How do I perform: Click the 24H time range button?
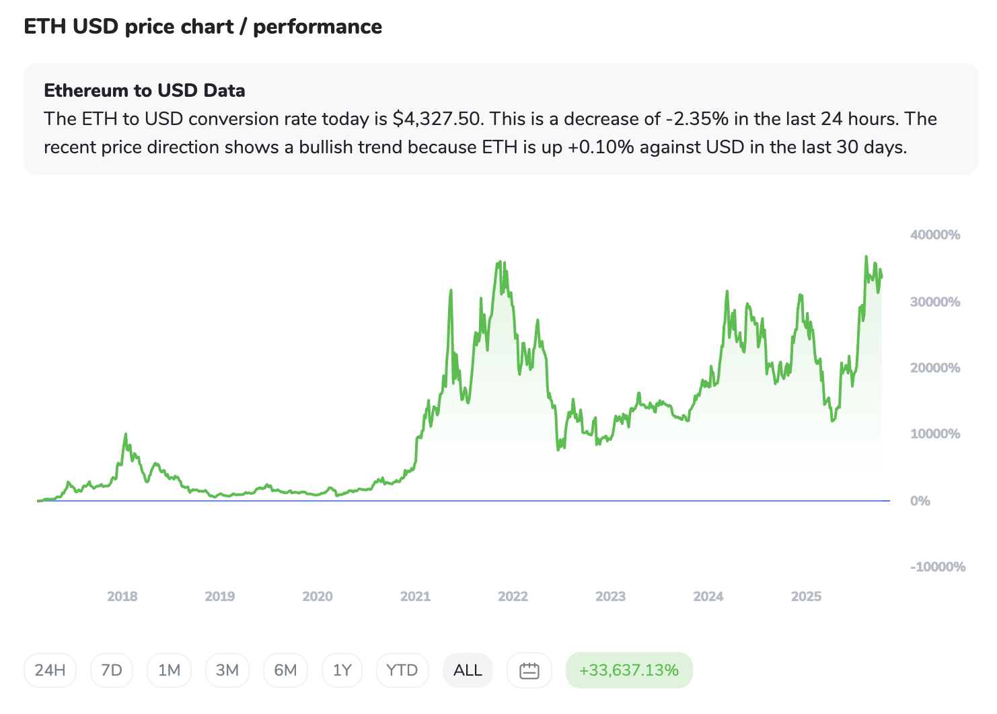point(50,670)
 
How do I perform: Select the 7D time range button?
point(112,670)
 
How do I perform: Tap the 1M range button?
point(169,670)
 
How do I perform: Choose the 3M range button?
point(227,670)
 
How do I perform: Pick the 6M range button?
point(285,670)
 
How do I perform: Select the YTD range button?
point(402,670)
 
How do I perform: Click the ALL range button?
point(468,670)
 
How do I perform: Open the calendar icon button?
point(529,670)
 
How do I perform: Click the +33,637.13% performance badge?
point(629,670)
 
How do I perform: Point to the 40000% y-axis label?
point(935,235)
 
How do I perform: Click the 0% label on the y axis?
point(920,501)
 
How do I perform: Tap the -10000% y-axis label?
point(938,567)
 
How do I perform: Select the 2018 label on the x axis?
point(122,596)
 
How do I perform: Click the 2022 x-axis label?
point(513,596)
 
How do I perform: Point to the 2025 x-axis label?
point(806,596)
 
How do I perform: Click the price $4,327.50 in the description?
point(437,119)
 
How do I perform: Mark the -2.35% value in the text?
point(697,119)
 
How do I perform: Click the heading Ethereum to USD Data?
point(145,91)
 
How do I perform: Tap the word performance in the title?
point(318,27)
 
